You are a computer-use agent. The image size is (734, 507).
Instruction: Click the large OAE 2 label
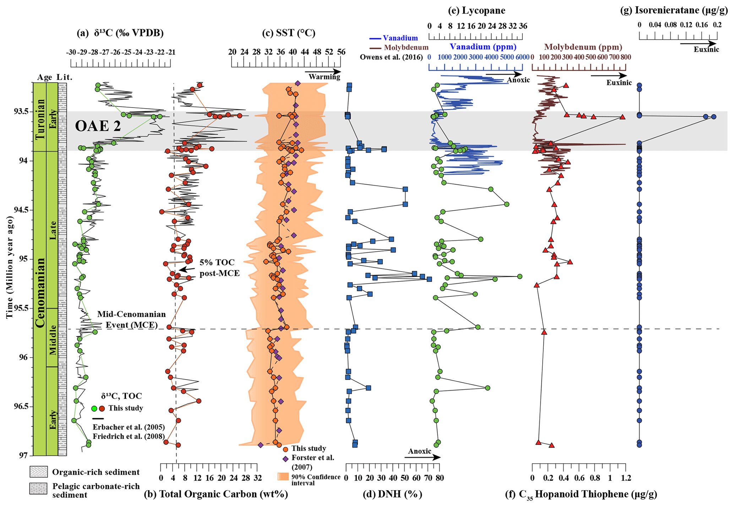(x=98, y=126)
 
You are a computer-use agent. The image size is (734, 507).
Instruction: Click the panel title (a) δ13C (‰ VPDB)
(x=120, y=33)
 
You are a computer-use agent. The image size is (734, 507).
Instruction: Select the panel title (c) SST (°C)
(x=288, y=33)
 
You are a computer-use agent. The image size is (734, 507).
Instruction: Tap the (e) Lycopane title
(x=476, y=10)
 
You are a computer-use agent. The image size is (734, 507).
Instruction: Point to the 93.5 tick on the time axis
(x=22, y=111)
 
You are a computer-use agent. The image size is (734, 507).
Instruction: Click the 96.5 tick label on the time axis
(x=22, y=406)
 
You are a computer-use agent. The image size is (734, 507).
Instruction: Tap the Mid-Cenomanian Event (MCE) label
(x=131, y=320)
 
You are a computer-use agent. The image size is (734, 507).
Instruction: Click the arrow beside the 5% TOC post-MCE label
(x=187, y=269)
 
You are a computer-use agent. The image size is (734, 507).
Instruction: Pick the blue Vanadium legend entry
(x=393, y=38)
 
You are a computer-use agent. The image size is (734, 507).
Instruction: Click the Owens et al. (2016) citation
(x=391, y=57)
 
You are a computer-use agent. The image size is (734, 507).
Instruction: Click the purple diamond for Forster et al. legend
(x=285, y=458)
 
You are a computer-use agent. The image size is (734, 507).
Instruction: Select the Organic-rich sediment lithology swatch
(x=38, y=472)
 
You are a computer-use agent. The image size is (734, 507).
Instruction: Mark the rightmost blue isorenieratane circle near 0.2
(x=713, y=116)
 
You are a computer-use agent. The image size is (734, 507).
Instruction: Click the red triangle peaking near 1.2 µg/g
(x=622, y=117)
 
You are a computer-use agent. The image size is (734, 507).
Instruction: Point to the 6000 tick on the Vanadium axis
(x=522, y=57)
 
